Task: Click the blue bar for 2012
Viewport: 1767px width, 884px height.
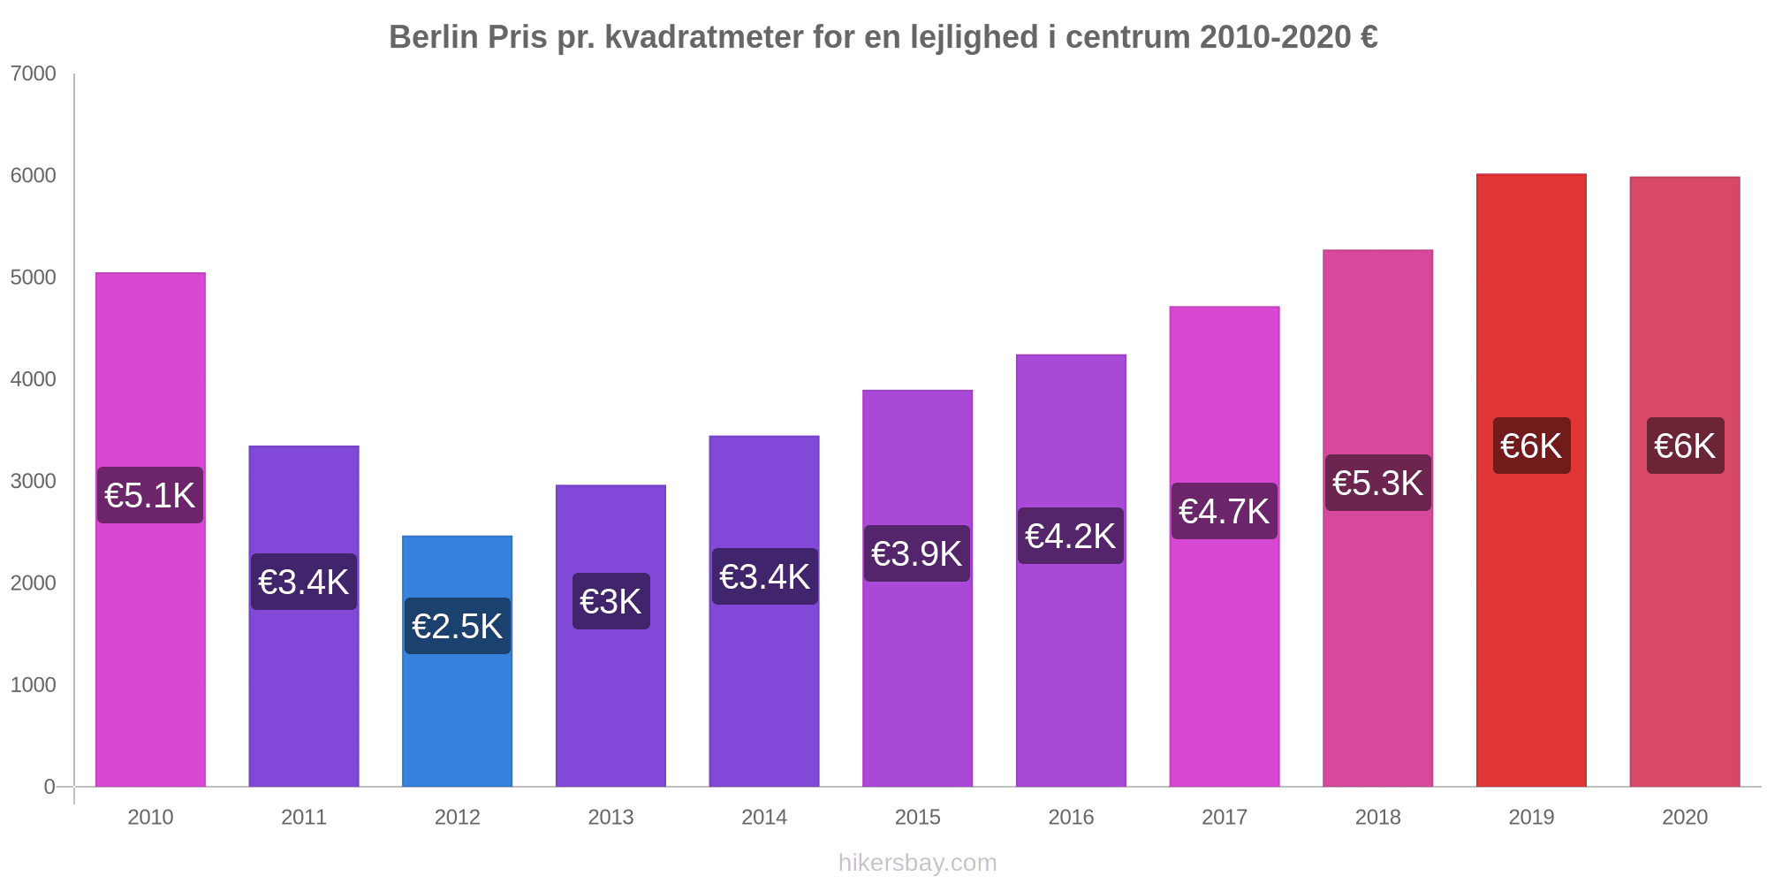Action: coord(457,707)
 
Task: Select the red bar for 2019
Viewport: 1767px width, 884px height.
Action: coord(1531,619)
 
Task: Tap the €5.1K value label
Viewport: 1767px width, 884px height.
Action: coord(150,495)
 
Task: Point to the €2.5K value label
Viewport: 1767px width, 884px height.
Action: coord(458,626)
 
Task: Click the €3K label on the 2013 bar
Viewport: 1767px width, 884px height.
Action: coord(610,601)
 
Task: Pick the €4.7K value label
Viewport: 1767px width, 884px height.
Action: coord(1225,511)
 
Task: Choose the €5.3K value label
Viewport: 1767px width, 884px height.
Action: coord(1377,483)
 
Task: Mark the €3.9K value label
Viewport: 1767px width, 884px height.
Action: coord(917,553)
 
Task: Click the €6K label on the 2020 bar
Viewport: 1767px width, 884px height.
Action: coord(1685,446)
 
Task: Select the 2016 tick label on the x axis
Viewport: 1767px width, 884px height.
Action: coord(1071,817)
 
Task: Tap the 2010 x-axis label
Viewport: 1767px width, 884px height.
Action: coord(150,817)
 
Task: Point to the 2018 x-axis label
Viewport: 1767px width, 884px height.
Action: coord(1377,817)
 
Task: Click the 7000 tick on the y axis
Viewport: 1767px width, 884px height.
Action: coord(34,74)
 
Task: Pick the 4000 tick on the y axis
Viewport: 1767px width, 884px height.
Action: coord(34,379)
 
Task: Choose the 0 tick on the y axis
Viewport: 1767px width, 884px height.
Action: coord(49,787)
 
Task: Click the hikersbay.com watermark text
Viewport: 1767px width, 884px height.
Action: coord(917,863)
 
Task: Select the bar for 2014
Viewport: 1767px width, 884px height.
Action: coord(764,690)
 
